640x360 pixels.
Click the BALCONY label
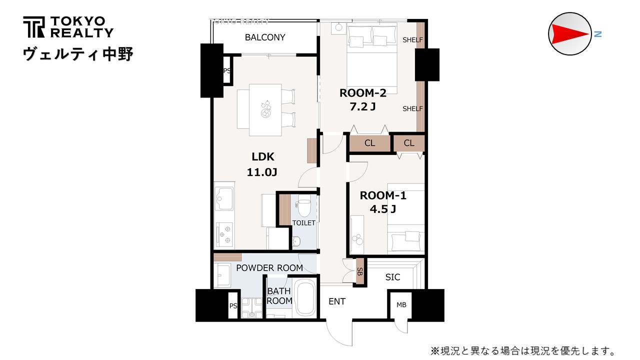[x=265, y=37]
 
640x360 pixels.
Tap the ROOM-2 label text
[x=362, y=93]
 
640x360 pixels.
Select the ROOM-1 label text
[x=383, y=195]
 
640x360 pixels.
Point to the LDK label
[x=263, y=156]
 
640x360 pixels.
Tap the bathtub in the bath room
[x=305, y=297]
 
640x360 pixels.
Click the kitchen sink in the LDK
[x=224, y=198]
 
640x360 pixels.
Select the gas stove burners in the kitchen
[x=224, y=234]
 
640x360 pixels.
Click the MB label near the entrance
[x=401, y=305]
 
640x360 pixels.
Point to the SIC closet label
[x=392, y=277]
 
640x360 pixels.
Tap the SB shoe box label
[x=360, y=271]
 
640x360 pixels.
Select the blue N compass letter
[x=597, y=34]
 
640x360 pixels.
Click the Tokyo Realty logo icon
[x=33, y=27]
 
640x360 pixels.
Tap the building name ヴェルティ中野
[x=77, y=54]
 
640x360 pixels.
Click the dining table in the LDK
[x=265, y=110]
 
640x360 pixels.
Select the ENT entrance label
[x=337, y=301]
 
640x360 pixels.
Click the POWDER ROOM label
[x=269, y=268]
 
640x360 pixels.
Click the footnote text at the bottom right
[x=523, y=351]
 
